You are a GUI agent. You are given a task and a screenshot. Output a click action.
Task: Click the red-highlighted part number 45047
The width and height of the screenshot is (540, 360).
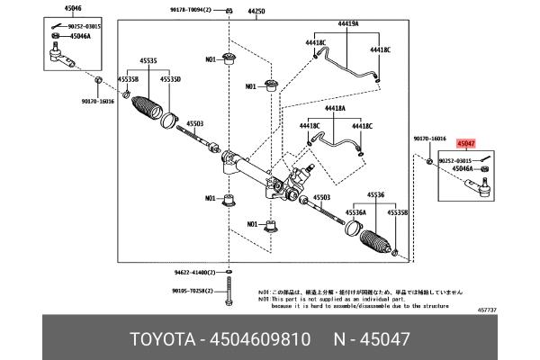click(x=465, y=143)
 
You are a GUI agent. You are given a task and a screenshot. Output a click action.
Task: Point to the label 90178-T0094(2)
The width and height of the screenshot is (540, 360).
click(x=189, y=12)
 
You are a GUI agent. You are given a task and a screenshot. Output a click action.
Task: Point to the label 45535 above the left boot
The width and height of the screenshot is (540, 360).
click(x=148, y=61)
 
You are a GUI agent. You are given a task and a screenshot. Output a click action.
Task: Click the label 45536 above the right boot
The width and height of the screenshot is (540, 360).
click(x=376, y=193)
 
